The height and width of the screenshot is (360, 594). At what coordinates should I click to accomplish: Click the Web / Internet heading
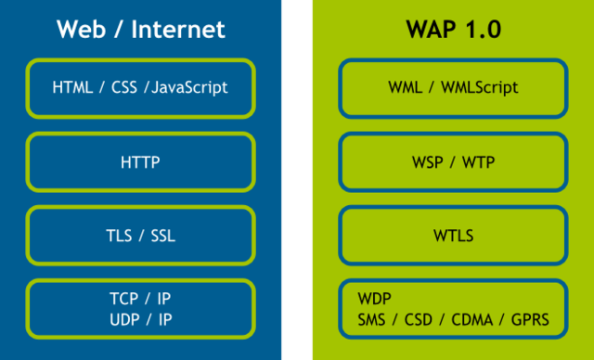tap(141, 30)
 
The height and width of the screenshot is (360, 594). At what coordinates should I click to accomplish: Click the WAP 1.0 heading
tap(453, 30)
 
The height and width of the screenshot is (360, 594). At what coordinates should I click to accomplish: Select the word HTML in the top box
tap(72, 89)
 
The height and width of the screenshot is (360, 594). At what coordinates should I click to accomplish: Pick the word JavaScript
tap(189, 89)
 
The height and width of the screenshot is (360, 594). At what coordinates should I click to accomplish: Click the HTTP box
tap(141, 162)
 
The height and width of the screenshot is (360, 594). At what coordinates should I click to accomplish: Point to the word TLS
tap(119, 236)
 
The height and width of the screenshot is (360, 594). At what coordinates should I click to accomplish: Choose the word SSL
tap(162, 236)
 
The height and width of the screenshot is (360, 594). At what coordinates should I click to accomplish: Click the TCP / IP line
tap(141, 301)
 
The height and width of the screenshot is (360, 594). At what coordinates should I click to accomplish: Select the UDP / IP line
tap(141, 319)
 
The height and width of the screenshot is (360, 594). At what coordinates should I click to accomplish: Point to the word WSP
tap(427, 162)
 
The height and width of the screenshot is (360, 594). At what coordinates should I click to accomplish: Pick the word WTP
tap(479, 162)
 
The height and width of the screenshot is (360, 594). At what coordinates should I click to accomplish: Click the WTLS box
tap(453, 236)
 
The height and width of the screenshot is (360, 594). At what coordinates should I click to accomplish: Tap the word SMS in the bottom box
tap(372, 320)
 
